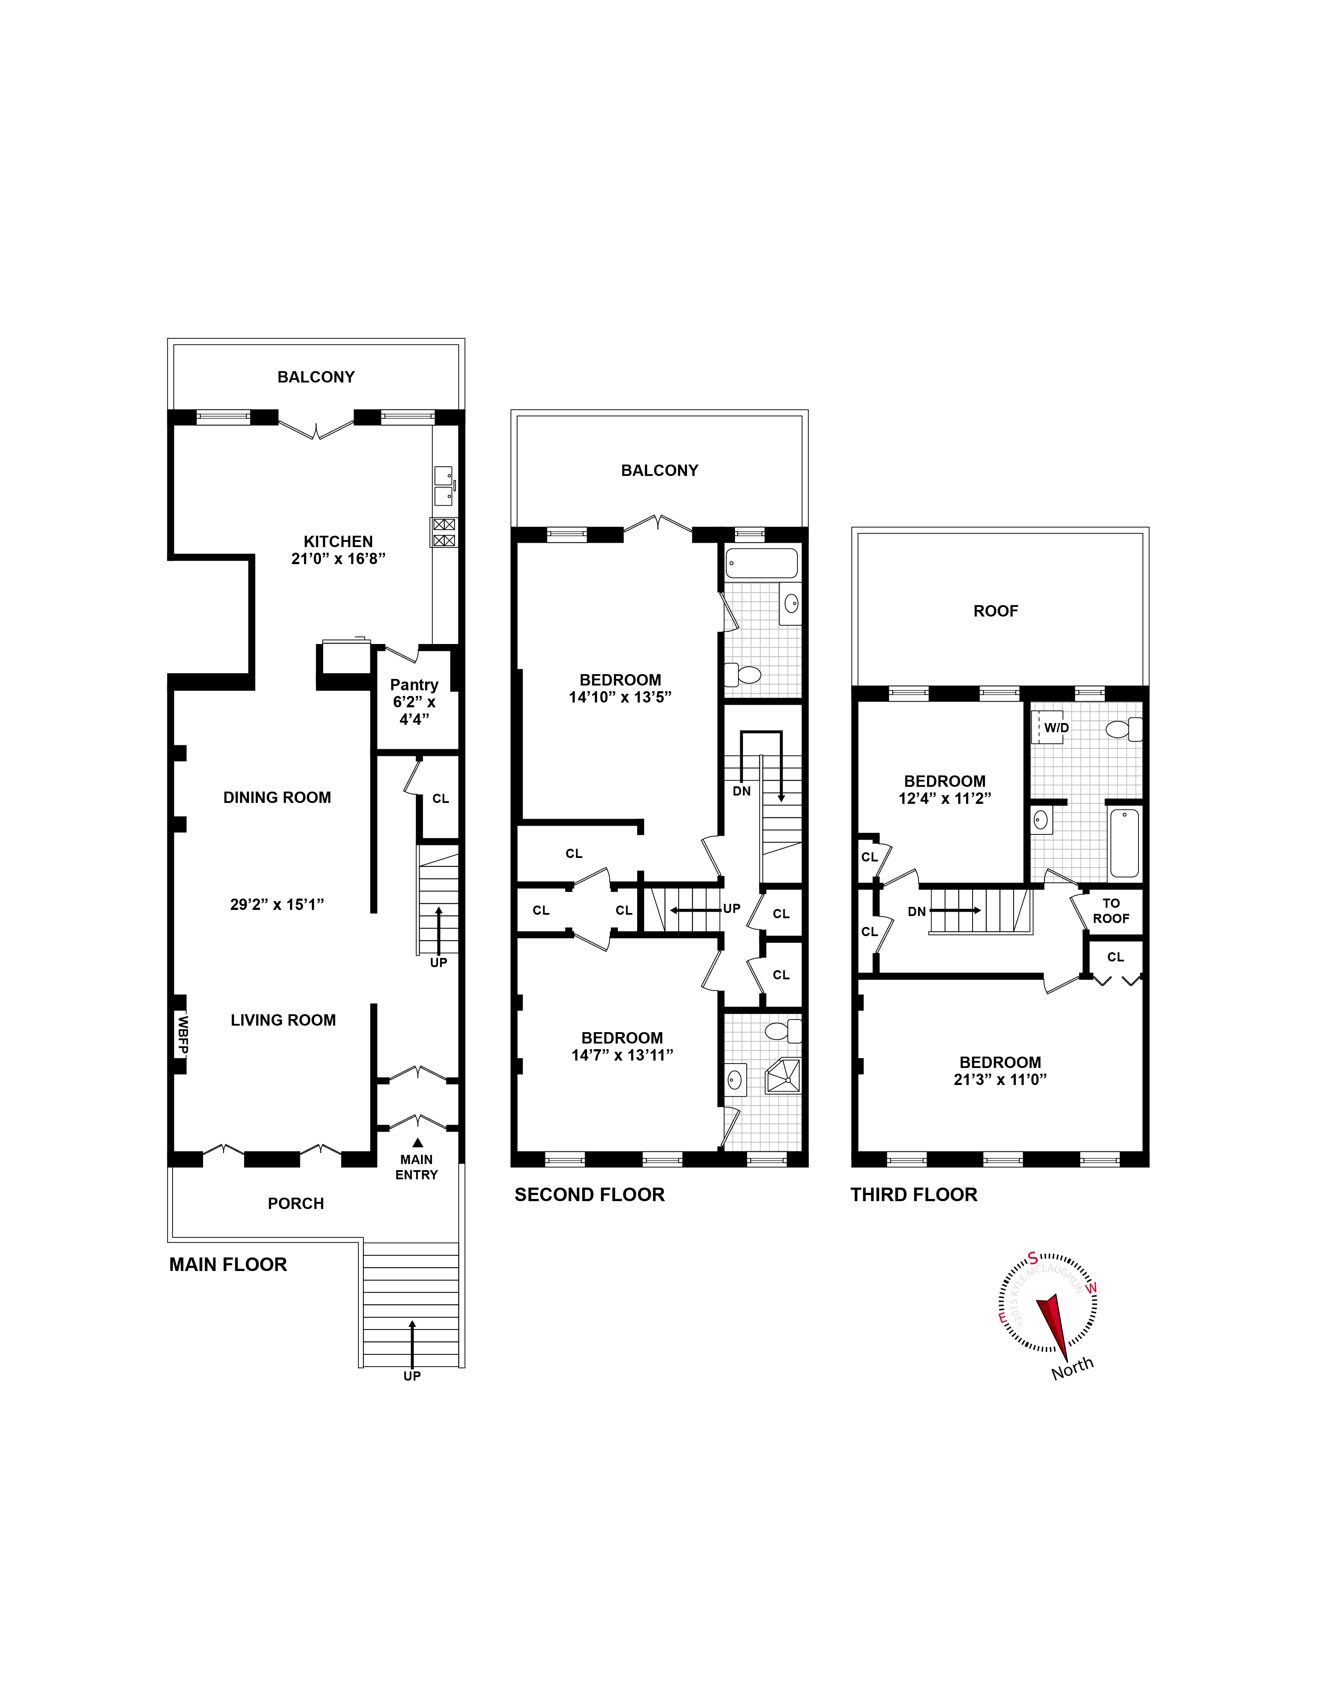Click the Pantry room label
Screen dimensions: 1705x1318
[x=414, y=685]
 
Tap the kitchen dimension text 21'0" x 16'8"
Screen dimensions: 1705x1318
[x=338, y=559]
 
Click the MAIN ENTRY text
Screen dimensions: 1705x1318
[x=416, y=1167]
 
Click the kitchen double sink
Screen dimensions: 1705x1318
[x=444, y=486]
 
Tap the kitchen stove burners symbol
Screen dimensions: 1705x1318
[x=444, y=532]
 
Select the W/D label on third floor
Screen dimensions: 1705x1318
[x=1056, y=727]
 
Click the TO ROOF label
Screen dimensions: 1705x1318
[x=1110, y=910]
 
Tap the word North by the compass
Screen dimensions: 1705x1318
[x=1072, y=1368]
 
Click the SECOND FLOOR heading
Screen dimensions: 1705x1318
[x=590, y=1195]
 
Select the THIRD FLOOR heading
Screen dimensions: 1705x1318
[x=914, y=1195]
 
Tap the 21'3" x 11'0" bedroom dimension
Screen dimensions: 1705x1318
[x=1000, y=1080]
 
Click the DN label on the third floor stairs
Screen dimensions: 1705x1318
[x=917, y=911]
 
